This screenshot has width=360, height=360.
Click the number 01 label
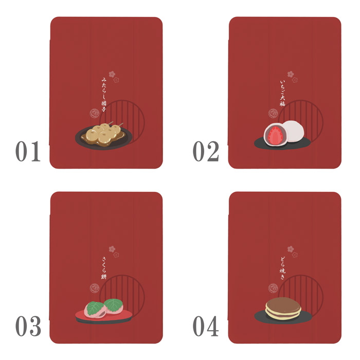coord(28,151)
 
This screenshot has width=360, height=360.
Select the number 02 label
coord(206,151)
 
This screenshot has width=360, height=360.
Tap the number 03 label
coord(28,326)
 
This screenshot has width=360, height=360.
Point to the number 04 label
coord(206,326)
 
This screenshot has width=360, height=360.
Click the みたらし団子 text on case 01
coord(104,95)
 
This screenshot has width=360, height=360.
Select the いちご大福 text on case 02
coord(282,93)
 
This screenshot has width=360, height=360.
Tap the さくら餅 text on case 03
coord(104,268)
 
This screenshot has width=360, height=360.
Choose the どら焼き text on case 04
coord(282,268)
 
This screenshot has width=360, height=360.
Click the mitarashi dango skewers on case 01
coord(103,134)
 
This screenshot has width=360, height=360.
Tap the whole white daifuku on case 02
coord(293,131)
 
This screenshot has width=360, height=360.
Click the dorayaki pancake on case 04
coord(283,308)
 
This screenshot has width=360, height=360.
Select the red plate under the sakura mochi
coord(104,316)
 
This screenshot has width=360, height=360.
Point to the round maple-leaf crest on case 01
coord(95,114)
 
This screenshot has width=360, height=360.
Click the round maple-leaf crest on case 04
coord(273,289)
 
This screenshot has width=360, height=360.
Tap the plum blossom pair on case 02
coord(292,77)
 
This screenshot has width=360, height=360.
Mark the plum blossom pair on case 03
coord(114,251)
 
